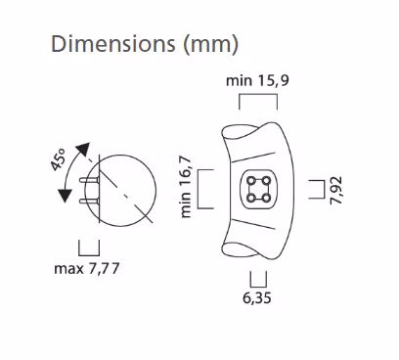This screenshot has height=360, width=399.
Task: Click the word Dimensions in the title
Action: tap(113, 44)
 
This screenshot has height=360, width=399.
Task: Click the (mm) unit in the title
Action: tap(211, 45)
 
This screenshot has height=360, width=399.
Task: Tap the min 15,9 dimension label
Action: tap(257, 80)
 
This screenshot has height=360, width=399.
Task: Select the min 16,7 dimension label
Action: tap(186, 187)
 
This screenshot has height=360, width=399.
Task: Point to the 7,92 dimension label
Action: tap(336, 191)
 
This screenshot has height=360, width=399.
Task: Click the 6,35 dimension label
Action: tap(257, 297)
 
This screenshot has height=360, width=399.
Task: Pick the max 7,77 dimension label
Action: tap(87, 269)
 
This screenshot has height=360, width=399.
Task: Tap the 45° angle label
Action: tap(59, 159)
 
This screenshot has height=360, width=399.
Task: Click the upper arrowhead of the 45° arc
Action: tap(83, 150)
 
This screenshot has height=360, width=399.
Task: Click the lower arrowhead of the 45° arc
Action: tap(65, 196)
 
